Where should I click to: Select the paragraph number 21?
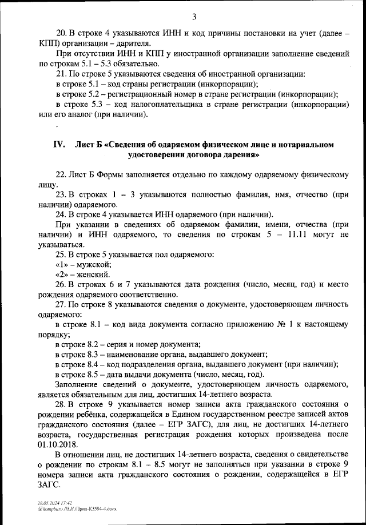pos(61,74)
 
